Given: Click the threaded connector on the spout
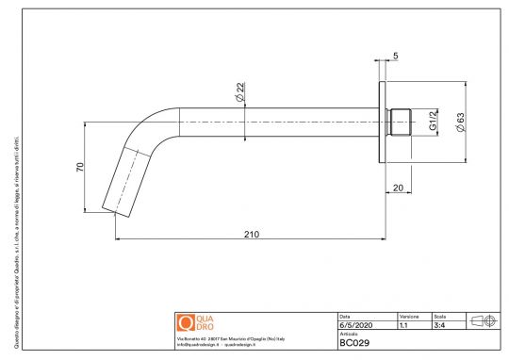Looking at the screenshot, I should pyautogui.click(x=401, y=123).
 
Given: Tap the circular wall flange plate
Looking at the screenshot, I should pyautogui.click(x=384, y=123).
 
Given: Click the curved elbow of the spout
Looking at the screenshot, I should pyautogui.click(x=146, y=130).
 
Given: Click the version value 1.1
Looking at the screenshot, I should pyautogui.click(x=403, y=325).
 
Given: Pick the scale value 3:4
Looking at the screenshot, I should pyautogui.click(x=439, y=325).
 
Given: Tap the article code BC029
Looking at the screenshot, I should pyautogui.click(x=355, y=343).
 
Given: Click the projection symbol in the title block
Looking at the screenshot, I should pyautogui.click(x=482, y=320).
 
